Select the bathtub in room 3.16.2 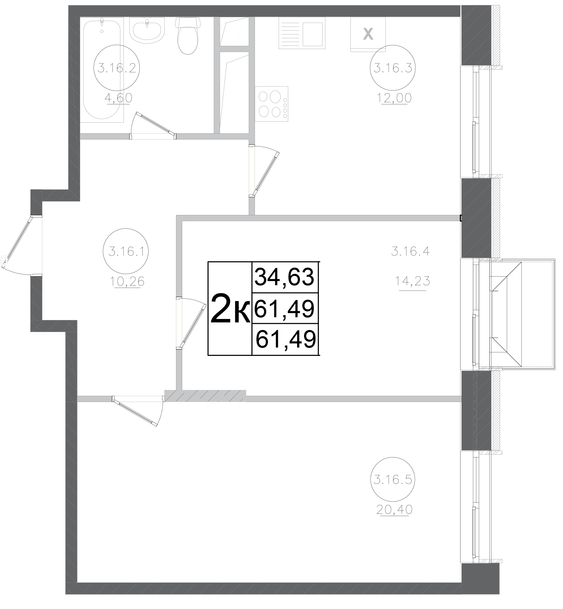(x=101, y=69)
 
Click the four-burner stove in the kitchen (x=271, y=103)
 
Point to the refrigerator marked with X (x=368, y=34)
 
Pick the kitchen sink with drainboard (x=302, y=33)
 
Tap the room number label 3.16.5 (x=392, y=479)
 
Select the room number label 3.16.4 (x=410, y=251)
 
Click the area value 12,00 (x=394, y=99)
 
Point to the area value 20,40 (x=394, y=509)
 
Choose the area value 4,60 (x=119, y=99)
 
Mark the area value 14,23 (x=412, y=282)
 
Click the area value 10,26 (x=127, y=282)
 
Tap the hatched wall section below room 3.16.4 (x=205, y=396)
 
